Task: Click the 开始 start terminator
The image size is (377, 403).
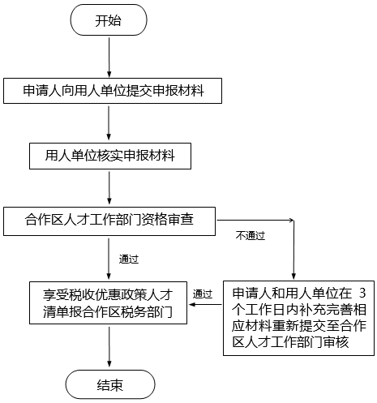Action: click(109, 20)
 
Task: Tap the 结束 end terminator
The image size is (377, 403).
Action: click(110, 385)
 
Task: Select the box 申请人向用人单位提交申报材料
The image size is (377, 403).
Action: click(113, 91)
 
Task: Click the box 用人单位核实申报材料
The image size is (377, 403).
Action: click(110, 156)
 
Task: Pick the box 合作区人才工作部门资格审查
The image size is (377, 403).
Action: click(109, 221)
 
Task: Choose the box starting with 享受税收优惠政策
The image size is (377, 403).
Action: click(108, 302)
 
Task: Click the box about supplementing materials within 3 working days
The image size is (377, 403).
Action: click(298, 318)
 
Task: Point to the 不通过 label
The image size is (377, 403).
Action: click(251, 236)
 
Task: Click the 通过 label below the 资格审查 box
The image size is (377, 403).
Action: click(129, 259)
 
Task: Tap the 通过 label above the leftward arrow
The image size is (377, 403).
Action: click(203, 294)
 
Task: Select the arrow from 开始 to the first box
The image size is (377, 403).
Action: click(109, 58)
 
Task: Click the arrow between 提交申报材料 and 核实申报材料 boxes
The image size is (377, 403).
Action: click(109, 123)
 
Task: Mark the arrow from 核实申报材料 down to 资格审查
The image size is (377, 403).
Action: click(109, 188)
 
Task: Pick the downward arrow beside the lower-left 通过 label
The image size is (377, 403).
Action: click(109, 259)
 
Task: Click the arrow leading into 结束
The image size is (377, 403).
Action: click(109, 347)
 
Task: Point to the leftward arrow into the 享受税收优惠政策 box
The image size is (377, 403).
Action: click(205, 305)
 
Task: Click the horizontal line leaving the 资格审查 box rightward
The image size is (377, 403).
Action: click(255, 221)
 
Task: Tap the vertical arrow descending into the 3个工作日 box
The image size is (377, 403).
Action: click(293, 250)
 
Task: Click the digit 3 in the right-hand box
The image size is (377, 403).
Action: click(362, 294)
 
